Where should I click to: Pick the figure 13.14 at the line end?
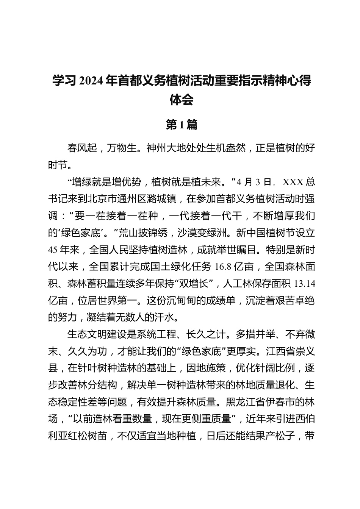pyautogui.click(x=305, y=284)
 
